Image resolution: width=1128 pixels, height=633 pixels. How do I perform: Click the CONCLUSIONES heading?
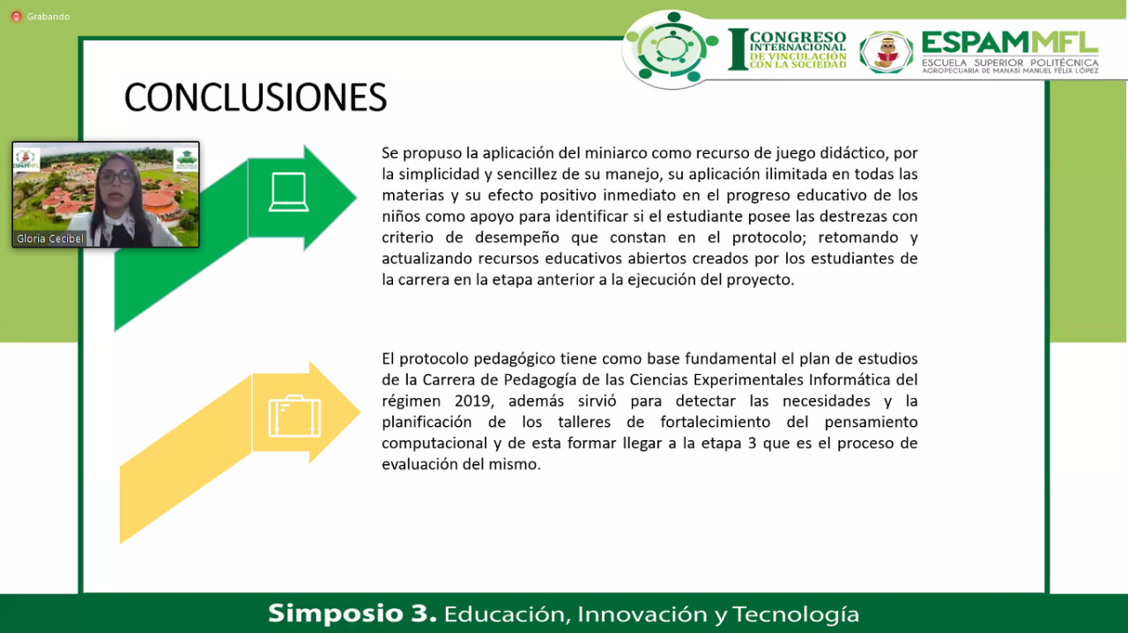[256, 97]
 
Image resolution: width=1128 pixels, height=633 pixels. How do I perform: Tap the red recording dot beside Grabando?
[16, 17]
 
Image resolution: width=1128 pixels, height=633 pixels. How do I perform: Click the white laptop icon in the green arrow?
[288, 192]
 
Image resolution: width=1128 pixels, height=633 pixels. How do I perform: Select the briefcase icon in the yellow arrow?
[294, 416]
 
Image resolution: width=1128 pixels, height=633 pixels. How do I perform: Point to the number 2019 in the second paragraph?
[472, 401]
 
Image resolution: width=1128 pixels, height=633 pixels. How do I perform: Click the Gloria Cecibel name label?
[50, 239]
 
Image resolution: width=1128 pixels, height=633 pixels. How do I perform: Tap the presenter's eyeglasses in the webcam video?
[117, 177]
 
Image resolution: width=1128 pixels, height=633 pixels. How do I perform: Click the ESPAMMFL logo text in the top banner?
[1010, 42]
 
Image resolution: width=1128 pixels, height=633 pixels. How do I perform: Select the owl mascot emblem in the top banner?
[887, 52]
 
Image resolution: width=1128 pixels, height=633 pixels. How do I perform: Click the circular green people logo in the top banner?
[672, 48]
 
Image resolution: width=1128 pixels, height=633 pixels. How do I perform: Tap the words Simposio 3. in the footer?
[352, 614]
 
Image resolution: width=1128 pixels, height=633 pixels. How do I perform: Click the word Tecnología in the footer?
[796, 615]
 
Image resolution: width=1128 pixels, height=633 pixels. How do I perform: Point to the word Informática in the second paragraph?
[852, 379]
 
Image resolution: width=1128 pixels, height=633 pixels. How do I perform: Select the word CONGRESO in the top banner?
[798, 37]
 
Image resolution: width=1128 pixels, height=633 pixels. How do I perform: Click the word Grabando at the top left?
[48, 17]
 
